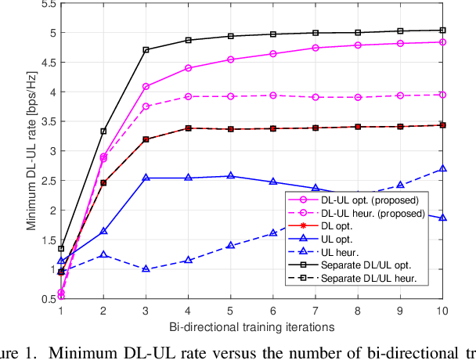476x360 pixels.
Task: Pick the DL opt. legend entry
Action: tap(344, 225)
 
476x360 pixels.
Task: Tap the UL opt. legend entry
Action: tap(344, 238)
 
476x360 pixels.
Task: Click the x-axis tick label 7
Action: tap(315, 310)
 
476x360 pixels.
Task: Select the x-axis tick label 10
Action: tap(442, 310)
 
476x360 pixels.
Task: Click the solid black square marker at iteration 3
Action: tap(146, 50)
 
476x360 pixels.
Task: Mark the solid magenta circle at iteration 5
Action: tap(231, 59)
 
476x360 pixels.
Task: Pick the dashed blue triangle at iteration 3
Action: tap(146, 269)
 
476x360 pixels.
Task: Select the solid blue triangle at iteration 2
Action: tap(104, 232)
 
